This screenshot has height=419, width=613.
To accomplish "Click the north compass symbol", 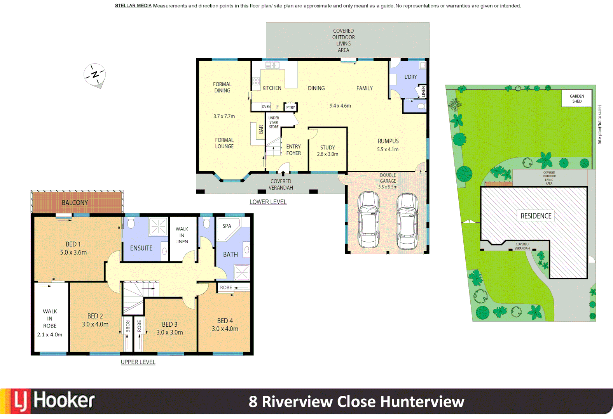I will point(94,74).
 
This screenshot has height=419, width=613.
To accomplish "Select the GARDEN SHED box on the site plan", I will point(576,99).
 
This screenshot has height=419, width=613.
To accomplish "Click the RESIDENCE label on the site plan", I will point(536,216).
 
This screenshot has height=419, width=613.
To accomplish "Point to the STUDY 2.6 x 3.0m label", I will point(327,151).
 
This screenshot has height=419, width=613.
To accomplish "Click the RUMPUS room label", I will point(388,141).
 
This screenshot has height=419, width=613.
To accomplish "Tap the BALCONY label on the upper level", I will point(75,203).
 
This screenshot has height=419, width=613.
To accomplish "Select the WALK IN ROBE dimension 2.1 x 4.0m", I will point(50,334).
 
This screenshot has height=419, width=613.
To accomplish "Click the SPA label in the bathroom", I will point(227,226).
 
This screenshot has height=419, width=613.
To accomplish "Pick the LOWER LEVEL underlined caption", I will point(268,202).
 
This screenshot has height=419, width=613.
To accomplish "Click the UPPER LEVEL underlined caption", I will point(138,362).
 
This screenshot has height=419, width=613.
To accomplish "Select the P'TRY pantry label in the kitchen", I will point(290,107).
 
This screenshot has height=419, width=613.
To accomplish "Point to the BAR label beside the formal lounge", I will point(261,130).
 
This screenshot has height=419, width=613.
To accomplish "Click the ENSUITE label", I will point(141,248).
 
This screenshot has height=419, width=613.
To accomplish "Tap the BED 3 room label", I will point(169,324).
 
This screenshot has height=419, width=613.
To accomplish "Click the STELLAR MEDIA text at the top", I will point(133,6).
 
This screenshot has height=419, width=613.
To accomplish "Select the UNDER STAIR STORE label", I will point(274,122).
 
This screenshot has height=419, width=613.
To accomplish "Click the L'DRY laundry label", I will point(410,77).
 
